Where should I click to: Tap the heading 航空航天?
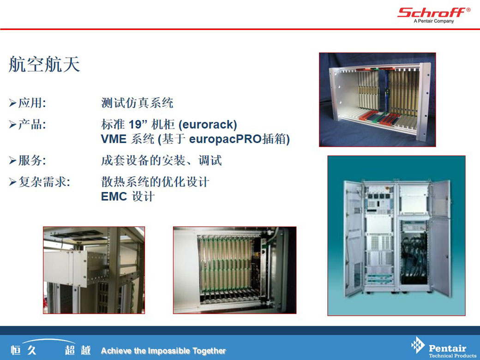click(x=44, y=64)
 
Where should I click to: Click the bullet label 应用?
click(x=32, y=103)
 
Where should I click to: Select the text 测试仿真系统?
click(x=137, y=103)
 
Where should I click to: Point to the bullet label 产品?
click(x=32, y=124)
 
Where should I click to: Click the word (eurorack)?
click(x=208, y=125)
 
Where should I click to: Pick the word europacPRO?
click(x=225, y=139)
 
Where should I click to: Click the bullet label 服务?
click(x=32, y=161)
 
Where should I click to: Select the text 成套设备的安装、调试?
click(x=162, y=161)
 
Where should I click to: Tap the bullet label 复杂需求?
click(x=44, y=182)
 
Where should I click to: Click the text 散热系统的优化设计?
click(x=155, y=182)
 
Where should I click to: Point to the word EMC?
click(x=114, y=197)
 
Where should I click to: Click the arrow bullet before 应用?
click(x=12, y=103)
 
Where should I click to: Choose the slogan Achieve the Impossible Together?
click(x=163, y=351)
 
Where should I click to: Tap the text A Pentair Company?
click(x=434, y=21)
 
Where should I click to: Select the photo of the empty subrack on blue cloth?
click(x=378, y=100)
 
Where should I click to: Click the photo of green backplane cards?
click(x=235, y=270)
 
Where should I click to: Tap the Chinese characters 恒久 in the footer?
click(x=24, y=350)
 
